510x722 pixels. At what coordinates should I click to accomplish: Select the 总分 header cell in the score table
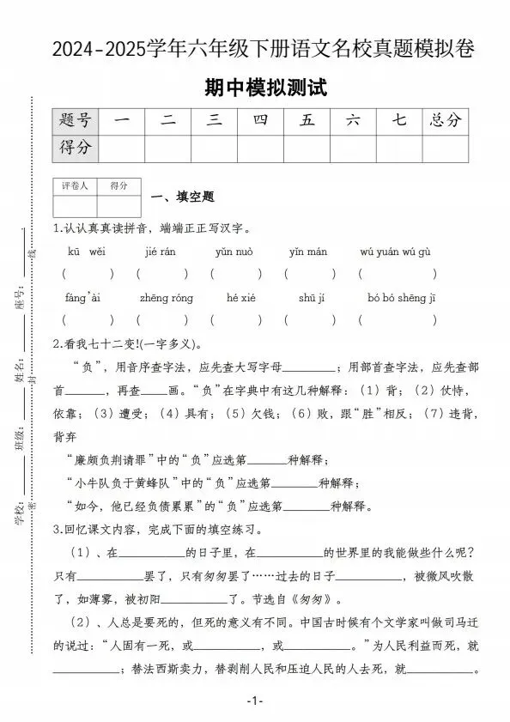[446, 121]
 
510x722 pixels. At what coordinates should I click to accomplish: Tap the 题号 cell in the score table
[76, 121]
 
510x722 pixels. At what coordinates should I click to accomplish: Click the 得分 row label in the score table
[76, 148]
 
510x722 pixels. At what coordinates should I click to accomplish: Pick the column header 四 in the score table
[260, 121]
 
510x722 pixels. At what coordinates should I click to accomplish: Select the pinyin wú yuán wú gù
[396, 252]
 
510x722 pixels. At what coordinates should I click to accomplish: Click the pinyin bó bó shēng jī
[402, 298]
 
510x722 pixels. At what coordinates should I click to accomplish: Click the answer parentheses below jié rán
[161, 274]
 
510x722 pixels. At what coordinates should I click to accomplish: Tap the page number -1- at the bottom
[254, 701]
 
